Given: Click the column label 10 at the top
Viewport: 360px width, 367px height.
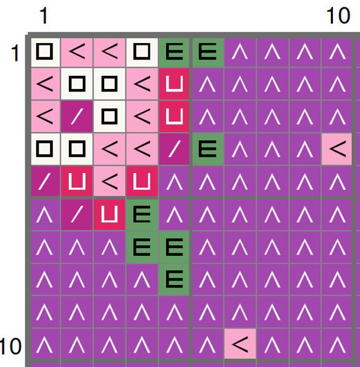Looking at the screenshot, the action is click(x=338, y=15).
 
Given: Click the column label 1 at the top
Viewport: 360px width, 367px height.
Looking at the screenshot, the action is click(x=44, y=15).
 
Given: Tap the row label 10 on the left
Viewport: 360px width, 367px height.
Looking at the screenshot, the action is click(x=11, y=346).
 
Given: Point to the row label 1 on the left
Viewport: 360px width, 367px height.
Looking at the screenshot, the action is click(x=15, y=53).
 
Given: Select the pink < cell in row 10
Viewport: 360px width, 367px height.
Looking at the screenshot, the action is click(x=240, y=344).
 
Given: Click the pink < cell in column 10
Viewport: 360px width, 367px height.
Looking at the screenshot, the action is click(x=337, y=149).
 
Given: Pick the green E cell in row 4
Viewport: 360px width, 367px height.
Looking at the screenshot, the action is click(x=208, y=149).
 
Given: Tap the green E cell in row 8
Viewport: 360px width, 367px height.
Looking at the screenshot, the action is click(x=174, y=279).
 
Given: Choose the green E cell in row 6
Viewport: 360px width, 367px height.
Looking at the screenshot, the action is click(x=142, y=215).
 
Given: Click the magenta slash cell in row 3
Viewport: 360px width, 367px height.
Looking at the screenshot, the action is click(x=77, y=116).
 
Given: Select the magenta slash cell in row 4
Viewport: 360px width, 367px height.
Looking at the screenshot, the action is click(x=174, y=149).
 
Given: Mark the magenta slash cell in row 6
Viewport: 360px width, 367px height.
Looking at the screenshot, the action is click(x=77, y=215).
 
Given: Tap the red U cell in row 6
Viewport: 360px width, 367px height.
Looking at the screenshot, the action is click(x=109, y=215).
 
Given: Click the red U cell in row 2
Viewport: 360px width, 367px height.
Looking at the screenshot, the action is click(x=174, y=84).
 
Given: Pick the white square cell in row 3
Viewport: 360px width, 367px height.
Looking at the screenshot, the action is click(x=109, y=116).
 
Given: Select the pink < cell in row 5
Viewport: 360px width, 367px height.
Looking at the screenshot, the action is click(x=109, y=182).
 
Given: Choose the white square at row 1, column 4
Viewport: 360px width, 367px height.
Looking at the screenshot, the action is click(x=142, y=52).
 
